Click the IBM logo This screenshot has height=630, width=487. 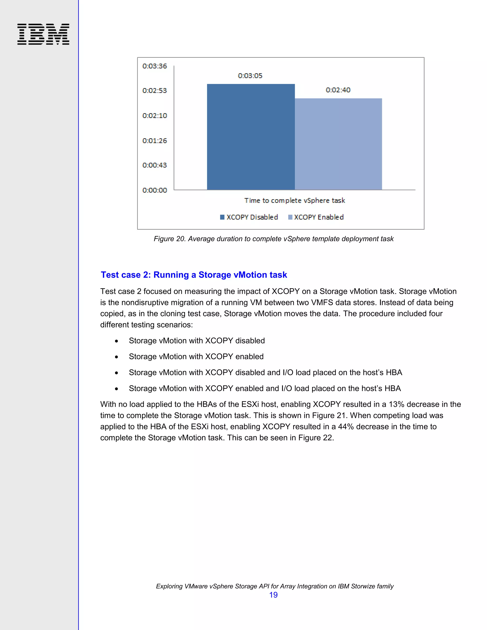43,34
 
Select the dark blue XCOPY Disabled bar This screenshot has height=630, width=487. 251,137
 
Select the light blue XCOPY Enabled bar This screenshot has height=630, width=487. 338,144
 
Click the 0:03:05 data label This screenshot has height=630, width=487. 250,76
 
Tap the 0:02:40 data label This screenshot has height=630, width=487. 338,90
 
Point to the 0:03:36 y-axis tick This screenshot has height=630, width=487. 155,66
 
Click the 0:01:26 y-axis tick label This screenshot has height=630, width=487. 155,141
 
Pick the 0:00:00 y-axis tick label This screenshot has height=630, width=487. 155,190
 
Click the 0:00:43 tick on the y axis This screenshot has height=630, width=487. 155,165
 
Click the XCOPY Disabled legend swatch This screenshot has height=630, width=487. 222,217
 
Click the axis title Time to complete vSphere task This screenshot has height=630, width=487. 295,200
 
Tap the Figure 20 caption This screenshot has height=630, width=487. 273,239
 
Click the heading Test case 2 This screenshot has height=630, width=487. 194,275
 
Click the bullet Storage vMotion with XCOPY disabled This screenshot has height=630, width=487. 197,341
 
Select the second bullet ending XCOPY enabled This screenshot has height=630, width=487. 196,357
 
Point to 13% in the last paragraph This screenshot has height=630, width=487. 396,404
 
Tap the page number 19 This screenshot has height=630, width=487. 273,595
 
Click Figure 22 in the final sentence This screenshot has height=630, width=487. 315,438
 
